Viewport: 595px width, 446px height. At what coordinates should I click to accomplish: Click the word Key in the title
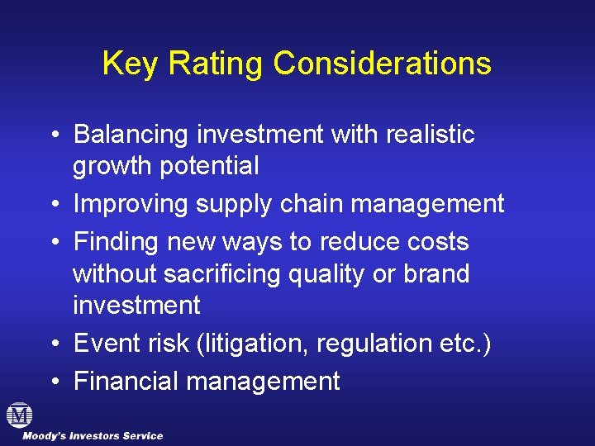click(129, 64)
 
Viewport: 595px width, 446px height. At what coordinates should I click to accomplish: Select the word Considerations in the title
click(383, 64)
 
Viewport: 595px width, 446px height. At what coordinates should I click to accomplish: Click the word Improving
click(130, 204)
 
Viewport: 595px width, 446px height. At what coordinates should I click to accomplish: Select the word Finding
click(117, 242)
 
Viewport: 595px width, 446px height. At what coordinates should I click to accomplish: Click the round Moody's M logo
click(18, 415)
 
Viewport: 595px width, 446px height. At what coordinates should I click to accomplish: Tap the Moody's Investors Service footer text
click(93, 436)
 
